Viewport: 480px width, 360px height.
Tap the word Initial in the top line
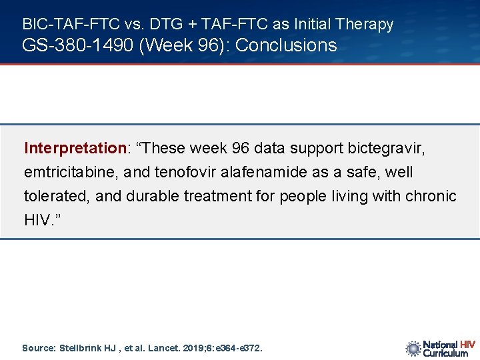[x=312, y=25]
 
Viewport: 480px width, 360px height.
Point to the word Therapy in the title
[x=365, y=25]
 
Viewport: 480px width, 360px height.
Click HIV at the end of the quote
[x=36, y=221]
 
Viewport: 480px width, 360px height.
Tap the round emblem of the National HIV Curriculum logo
[x=413, y=348]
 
